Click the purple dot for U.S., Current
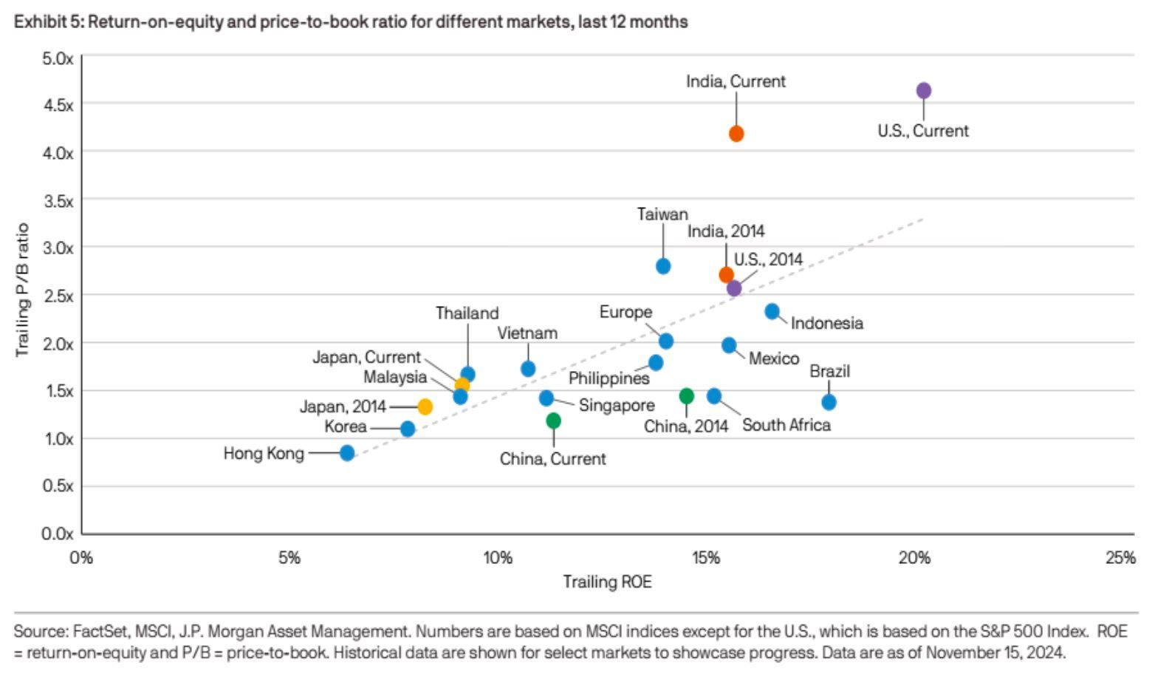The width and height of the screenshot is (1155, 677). pyautogui.click(x=923, y=91)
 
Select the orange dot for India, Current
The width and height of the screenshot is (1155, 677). pyautogui.click(x=736, y=134)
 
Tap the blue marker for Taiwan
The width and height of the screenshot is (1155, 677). pyautogui.click(x=663, y=266)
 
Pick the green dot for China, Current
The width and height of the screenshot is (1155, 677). pyautogui.click(x=553, y=421)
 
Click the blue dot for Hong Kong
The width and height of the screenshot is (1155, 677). pyautogui.click(x=347, y=453)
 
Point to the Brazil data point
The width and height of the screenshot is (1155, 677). pyautogui.click(x=829, y=402)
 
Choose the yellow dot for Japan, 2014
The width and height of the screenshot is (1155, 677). pyautogui.click(x=425, y=406)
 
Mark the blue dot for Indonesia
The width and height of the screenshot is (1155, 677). pyautogui.click(x=772, y=311)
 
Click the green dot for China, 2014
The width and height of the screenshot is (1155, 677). pyautogui.click(x=686, y=396)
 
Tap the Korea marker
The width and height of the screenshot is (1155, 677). pyautogui.click(x=407, y=429)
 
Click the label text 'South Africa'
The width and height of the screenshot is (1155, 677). pyautogui.click(x=786, y=425)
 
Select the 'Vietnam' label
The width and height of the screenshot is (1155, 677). pyautogui.click(x=527, y=333)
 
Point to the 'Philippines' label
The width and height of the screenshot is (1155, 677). pyautogui.click(x=609, y=378)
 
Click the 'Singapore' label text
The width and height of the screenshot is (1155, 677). pyautogui.click(x=616, y=405)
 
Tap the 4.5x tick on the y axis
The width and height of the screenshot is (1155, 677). pyautogui.click(x=59, y=105)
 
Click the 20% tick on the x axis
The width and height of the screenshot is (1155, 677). pyautogui.click(x=914, y=558)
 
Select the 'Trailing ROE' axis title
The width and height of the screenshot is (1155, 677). pyautogui.click(x=607, y=582)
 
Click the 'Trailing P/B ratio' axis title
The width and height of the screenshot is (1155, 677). pyautogui.click(x=22, y=290)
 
